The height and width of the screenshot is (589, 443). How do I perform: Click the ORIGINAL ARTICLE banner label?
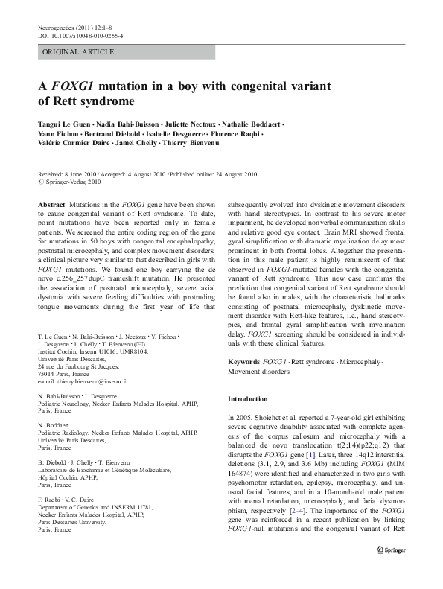(79, 51)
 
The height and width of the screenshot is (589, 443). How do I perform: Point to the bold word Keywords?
(243, 361)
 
